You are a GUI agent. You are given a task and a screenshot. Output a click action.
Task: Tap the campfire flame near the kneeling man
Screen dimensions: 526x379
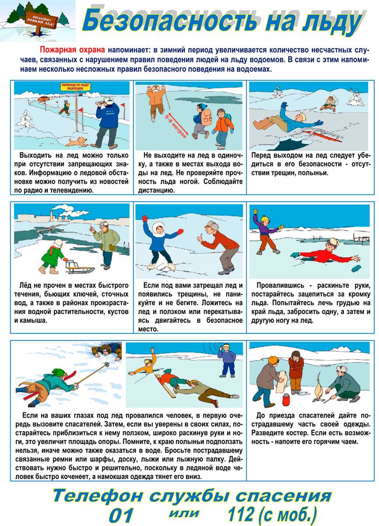(319, 388)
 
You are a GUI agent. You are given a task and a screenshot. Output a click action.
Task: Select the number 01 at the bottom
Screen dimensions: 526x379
(122, 515)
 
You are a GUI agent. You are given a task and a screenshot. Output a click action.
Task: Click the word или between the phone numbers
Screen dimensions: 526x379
(185, 513)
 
